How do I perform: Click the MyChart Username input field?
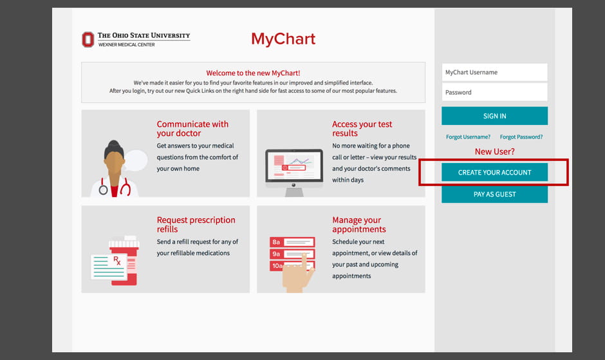pos(494,72)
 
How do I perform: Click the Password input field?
pos(494,92)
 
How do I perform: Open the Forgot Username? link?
pos(468,137)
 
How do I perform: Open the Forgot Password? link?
pos(521,137)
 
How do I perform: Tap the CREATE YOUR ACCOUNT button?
pos(494,173)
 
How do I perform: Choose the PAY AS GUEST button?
pos(494,194)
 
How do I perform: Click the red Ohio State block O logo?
pos(88,39)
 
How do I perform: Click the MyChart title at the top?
pos(283,39)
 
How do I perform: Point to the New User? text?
pos(494,151)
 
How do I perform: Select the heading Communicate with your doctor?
pos(192,128)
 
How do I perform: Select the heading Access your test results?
pos(362,128)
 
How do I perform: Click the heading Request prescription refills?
pos(196,224)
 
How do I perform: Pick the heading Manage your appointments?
pos(358,224)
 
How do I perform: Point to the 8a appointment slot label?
pos(276,242)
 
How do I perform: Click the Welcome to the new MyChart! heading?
pos(253,73)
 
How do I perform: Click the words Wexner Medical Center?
pos(127,44)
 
